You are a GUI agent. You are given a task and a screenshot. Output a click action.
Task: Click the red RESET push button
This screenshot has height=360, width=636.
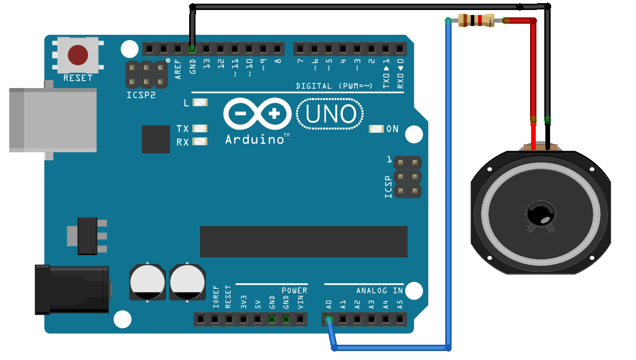tap(78, 54)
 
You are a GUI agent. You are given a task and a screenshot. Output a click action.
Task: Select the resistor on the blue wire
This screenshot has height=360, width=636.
tap(476, 21)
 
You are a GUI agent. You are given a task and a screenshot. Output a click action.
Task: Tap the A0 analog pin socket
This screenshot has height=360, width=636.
tap(329, 319)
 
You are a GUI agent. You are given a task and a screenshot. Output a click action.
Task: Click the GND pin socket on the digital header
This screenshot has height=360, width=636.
tap(192, 49)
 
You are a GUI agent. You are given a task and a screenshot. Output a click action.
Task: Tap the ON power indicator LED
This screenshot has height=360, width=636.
tap(376, 129)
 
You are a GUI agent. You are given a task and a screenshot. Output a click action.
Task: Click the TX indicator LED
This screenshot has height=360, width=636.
tap(200, 128)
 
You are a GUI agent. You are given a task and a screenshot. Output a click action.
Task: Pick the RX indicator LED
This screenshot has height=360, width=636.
tap(200, 141)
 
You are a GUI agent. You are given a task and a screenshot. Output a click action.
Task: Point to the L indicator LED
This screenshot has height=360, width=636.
tap(200, 103)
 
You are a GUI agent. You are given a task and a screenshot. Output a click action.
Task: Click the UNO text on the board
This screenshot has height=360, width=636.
tap(330, 114)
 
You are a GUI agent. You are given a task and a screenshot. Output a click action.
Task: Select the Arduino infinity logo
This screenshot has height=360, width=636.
tap(257, 114)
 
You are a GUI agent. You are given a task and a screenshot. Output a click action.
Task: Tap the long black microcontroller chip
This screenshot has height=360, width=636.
tap(304, 242)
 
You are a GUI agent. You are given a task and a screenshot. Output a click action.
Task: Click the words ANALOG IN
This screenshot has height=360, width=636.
tap(379, 290)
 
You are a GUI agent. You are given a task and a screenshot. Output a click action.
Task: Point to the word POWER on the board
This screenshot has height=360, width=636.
tap(294, 290)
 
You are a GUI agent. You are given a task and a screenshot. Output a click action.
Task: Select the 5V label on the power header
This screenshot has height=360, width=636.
tap(258, 304)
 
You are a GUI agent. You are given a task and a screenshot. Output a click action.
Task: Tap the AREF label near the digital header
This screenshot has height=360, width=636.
tap(178, 69)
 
